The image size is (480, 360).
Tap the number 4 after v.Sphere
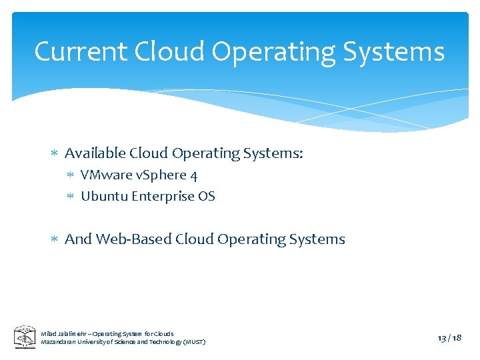[x=193, y=175]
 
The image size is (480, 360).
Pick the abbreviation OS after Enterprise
[x=207, y=196]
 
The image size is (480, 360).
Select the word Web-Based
[x=134, y=239]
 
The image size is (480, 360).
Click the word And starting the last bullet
[x=78, y=239]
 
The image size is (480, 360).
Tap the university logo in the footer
[x=25, y=337]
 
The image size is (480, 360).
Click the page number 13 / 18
[x=449, y=338]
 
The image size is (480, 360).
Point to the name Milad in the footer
[x=49, y=333]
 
